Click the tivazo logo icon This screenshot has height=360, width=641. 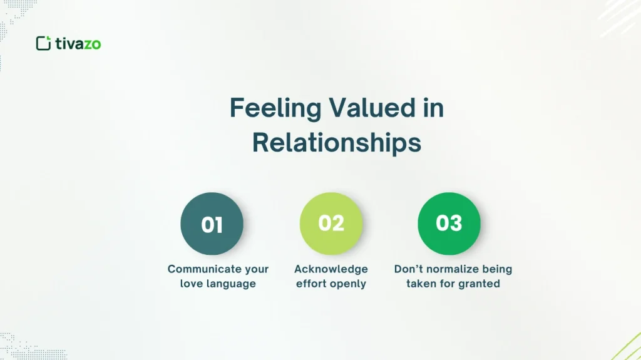[x=43, y=43]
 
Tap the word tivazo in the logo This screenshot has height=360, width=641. [x=78, y=43]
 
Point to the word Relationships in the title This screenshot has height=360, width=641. [x=337, y=142]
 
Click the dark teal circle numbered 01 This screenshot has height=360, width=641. [x=212, y=224]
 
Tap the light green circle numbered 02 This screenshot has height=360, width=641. [x=331, y=224]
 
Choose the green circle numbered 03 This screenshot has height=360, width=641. [x=449, y=224]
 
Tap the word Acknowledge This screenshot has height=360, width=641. [x=331, y=269]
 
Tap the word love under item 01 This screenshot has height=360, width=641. [x=192, y=284]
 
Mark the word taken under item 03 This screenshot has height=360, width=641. [x=421, y=284]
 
